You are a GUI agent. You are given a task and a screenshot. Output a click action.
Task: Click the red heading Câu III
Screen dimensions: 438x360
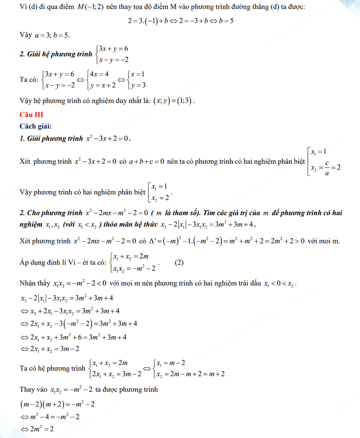[31, 115]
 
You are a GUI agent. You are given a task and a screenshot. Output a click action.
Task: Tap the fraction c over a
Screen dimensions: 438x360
[326, 167]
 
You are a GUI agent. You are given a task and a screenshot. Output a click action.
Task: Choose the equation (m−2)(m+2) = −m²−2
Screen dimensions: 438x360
[57, 404]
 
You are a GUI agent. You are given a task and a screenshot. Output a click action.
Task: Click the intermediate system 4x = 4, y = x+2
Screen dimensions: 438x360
[100, 80]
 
